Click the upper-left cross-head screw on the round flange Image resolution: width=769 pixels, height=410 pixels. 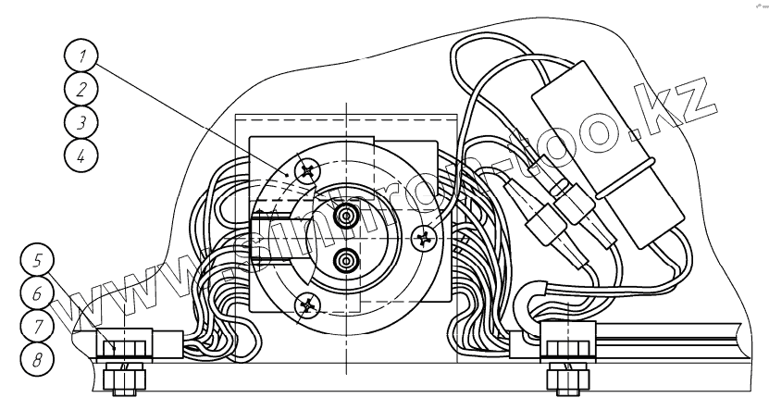pyautogui.click(x=309, y=170)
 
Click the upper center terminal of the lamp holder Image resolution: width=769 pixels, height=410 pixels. pyautogui.click(x=346, y=217)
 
